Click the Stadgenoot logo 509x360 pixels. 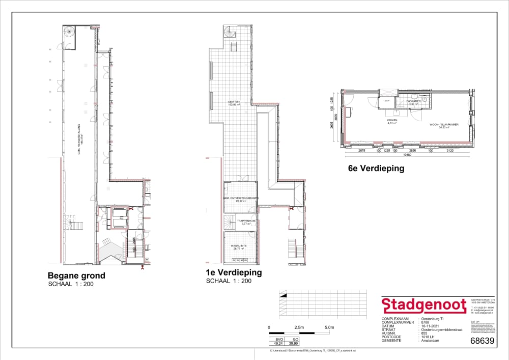pos(424,306)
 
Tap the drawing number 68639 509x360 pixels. pos(483,341)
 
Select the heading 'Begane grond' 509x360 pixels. pos(76,276)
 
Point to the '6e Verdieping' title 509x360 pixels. pos(376,169)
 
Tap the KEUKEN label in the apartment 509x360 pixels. pos(391,120)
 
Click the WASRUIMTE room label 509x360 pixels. pos(240,245)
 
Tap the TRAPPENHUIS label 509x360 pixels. pos(239,220)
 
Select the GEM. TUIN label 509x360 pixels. pos(234,102)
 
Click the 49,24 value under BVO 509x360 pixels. pos(277,343)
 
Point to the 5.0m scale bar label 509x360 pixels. pos(329,327)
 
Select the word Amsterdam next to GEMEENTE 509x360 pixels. pos(430,340)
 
